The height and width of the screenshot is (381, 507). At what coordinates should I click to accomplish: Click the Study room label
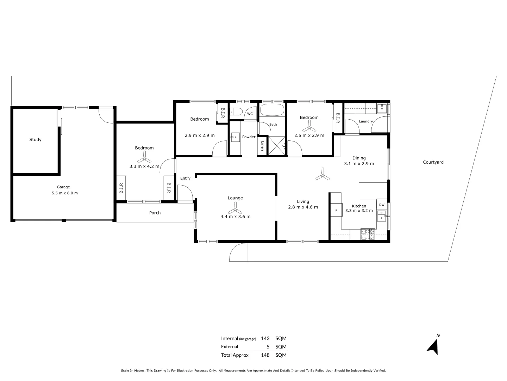35,139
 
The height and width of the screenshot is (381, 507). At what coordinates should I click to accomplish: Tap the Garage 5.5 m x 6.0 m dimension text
65,193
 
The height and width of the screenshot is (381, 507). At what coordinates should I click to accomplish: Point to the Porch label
155,213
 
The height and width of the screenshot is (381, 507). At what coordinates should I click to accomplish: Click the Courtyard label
433,162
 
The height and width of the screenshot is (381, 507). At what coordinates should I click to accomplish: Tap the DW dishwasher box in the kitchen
382,205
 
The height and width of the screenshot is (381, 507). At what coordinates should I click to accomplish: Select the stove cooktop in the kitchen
368,234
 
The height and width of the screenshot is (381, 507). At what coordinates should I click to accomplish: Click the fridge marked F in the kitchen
336,210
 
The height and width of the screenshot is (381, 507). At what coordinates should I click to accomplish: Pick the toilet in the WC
236,112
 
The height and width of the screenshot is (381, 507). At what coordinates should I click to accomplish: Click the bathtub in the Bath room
272,110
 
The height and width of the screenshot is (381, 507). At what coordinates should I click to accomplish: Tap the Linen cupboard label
262,146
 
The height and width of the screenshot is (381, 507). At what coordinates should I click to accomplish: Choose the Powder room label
249,137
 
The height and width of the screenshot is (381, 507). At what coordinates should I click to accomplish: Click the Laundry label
366,121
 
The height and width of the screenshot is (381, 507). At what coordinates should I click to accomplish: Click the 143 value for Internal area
265,338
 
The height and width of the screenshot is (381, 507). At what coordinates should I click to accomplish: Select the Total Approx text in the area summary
235,355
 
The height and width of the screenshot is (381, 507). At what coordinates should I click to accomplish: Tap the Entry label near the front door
185,178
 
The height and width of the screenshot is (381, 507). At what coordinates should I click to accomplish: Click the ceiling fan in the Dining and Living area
323,174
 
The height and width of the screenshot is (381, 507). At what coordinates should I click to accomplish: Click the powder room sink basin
236,137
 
